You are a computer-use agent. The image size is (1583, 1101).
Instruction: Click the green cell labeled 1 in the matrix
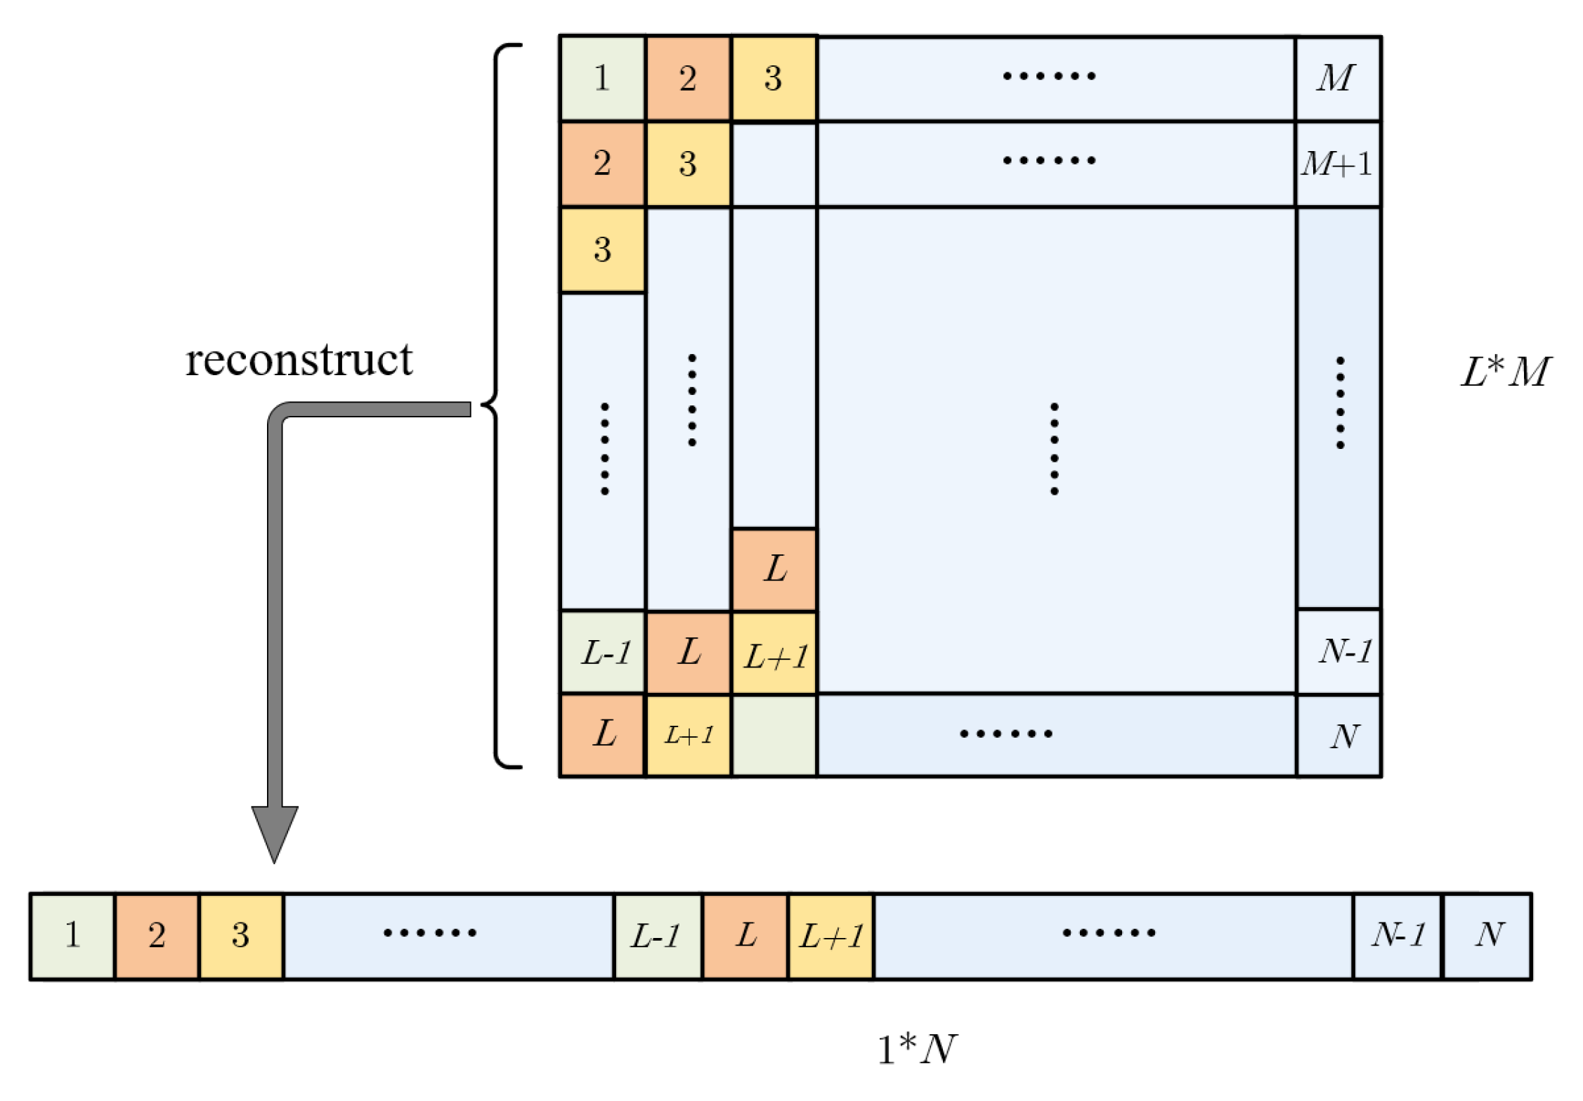pos(602,79)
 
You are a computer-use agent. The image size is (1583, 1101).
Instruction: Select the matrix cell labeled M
pos(1338,79)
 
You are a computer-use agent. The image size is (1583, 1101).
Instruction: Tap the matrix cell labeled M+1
pos(1338,164)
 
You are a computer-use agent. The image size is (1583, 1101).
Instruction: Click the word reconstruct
pos(299,361)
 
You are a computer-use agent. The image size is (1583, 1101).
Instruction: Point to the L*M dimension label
pos(1505,372)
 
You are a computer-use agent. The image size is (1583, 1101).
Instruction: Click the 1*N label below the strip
pos(917,1050)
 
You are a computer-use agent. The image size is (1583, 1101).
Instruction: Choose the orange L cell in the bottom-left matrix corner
pos(603,736)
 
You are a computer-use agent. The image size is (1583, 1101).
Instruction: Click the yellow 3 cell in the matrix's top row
pos(774,79)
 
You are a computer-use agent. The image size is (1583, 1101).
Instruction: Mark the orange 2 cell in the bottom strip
pos(157,936)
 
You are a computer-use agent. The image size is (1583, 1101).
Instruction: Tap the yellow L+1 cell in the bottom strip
pos(831,936)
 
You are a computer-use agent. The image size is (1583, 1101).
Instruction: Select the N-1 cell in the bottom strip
pos(1398,936)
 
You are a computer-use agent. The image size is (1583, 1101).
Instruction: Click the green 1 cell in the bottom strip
pos(72,936)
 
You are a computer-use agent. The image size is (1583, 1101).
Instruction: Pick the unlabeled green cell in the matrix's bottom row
pos(774,736)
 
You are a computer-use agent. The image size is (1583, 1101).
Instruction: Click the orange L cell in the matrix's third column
pos(774,570)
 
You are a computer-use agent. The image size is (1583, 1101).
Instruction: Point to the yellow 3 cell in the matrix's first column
pos(603,250)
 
